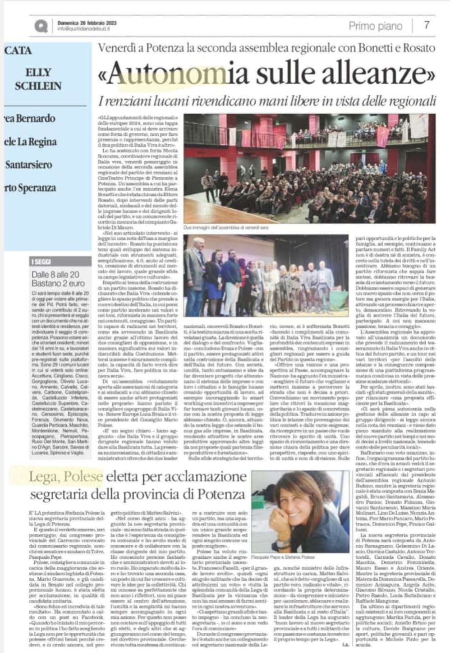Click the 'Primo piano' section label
[375, 26]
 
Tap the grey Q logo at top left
[41, 26]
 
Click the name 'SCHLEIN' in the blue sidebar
[38, 86]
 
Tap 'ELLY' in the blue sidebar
[38, 72]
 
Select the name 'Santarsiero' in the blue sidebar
[28, 165]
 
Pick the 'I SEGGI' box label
[41, 262]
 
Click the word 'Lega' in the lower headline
[43, 476]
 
